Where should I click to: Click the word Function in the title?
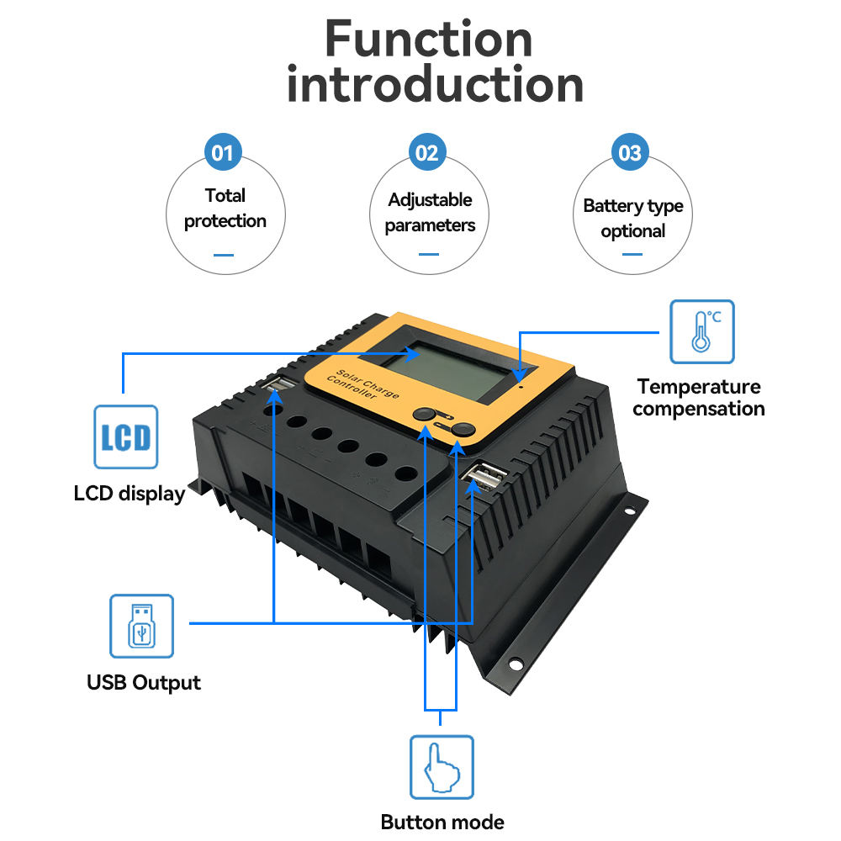(x=429, y=40)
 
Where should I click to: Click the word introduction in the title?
(x=435, y=85)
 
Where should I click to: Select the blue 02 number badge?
(x=427, y=153)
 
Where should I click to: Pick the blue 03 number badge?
(x=630, y=153)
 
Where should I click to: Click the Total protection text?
(x=225, y=209)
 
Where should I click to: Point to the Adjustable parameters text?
(x=430, y=213)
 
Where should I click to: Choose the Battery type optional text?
(x=632, y=219)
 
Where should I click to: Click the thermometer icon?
(x=701, y=331)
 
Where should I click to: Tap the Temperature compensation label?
(x=698, y=398)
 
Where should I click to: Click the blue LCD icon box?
(x=125, y=436)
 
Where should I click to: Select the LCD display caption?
(x=129, y=494)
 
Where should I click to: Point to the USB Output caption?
(x=144, y=682)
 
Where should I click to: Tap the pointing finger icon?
(x=442, y=767)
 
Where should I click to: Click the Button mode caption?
(x=442, y=822)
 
